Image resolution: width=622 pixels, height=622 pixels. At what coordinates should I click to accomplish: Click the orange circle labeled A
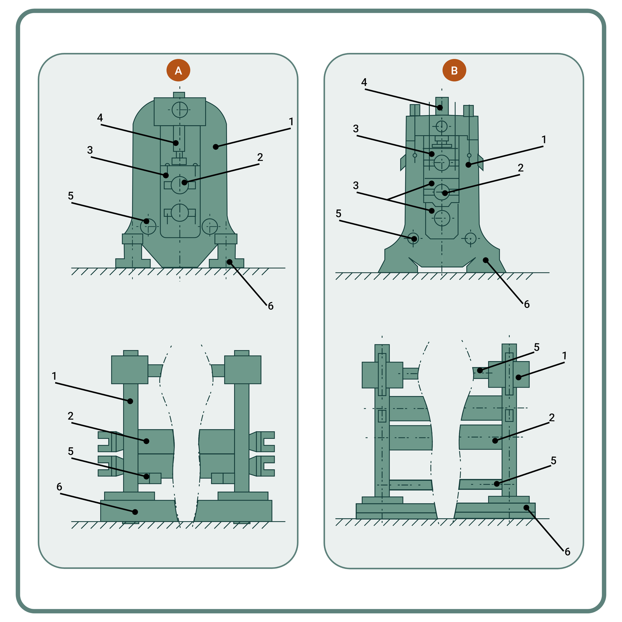tap(178, 70)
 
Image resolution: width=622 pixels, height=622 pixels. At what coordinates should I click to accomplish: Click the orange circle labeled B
tap(454, 70)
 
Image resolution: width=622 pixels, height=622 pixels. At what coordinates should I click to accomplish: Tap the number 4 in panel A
tap(100, 118)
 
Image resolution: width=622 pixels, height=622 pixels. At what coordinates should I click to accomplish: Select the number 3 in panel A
tap(90, 150)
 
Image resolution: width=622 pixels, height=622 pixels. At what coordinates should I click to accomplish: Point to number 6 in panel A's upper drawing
tap(271, 306)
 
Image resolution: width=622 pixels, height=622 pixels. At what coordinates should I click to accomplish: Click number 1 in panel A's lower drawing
tap(54, 376)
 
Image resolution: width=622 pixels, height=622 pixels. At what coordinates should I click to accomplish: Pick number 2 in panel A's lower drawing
tap(70, 416)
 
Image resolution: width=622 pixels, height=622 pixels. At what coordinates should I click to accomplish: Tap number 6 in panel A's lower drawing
tap(59, 487)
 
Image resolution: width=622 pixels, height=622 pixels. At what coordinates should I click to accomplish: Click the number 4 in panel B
tap(364, 82)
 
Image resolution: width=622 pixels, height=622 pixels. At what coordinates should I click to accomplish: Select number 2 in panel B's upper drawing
tap(521, 168)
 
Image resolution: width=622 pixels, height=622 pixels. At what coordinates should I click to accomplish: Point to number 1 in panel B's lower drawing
tap(564, 356)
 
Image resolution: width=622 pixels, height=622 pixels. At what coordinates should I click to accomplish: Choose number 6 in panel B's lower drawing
tap(567, 552)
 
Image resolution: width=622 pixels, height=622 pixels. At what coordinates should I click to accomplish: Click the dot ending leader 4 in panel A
tap(176, 143)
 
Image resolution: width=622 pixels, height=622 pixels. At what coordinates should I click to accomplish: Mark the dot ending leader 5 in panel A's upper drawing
tap(146, 221)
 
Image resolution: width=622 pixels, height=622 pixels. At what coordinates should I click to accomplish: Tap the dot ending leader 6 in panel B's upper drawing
tap(486, 260)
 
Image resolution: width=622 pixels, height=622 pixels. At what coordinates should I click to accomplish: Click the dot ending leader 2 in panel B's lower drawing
tap(495, 440)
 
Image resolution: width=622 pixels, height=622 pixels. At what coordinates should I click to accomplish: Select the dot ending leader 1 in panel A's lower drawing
tap(131, 401)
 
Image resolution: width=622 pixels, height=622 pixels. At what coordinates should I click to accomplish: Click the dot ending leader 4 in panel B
tap(439, 107)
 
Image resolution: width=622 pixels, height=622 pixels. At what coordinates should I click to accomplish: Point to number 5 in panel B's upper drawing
tap(338, 213)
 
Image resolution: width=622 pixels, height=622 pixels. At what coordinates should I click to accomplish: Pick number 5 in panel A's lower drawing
tap(70, 451)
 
